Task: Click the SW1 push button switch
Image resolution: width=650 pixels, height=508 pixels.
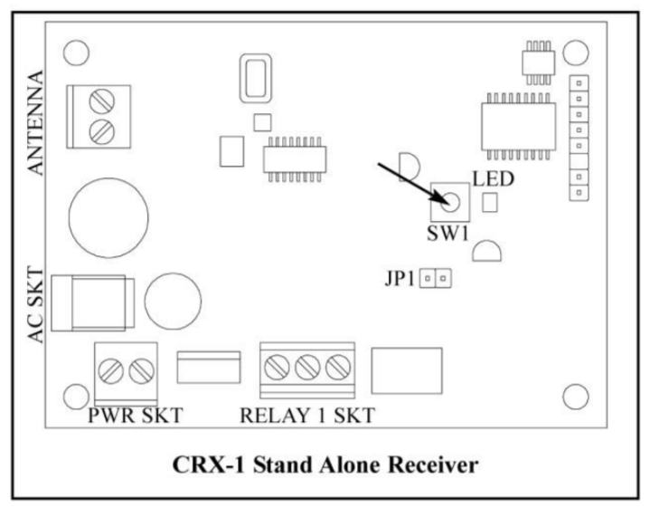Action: pos(451,201)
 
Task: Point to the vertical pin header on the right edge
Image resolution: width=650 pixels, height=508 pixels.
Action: pos(575,139)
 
